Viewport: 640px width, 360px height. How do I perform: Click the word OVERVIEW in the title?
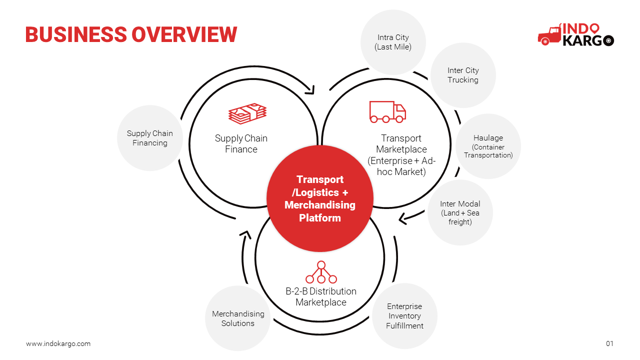tap(184, 34)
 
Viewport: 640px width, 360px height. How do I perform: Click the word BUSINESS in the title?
tap(76, 34)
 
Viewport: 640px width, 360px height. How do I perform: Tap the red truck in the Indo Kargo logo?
tap(549, 35)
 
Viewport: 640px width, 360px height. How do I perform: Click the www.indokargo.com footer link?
tap(58, 343)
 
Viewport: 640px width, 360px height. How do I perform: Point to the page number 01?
tap(609, 343)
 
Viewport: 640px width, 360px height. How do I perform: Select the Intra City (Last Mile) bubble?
tap(393, 42)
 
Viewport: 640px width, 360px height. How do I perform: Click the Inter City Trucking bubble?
tap(463, 75)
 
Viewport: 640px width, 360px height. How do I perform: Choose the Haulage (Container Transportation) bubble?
tap(488, 146)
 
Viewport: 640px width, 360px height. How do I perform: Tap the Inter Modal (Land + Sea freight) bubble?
tap(460, 212)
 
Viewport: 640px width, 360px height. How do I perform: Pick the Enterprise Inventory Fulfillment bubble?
tap(404, 316)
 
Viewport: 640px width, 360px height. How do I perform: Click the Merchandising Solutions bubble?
tap(237, 318)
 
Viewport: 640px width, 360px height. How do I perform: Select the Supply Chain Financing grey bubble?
tap(150, 138)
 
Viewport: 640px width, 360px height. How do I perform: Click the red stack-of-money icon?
tap(247, 113)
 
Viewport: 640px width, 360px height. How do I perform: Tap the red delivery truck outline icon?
tap(387, 111)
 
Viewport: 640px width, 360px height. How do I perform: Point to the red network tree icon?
tap(321, 272)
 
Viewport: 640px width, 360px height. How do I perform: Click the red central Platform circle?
tap(320, 198)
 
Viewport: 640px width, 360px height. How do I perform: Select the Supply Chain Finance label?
tap(241, 143)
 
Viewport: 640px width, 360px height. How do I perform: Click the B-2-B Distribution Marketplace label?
tap(321, 296)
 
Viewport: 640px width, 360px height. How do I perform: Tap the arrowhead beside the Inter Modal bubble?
tap(403, 219)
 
